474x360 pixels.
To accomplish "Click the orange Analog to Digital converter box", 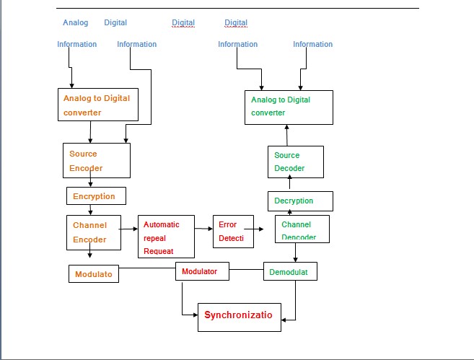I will (97, 105).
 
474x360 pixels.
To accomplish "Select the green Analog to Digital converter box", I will (289, 107).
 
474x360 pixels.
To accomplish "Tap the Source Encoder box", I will (96, 160).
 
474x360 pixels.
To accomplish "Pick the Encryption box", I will (95, 196).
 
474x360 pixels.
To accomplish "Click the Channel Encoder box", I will (92, 232).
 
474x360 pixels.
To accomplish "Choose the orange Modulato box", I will (95, 274).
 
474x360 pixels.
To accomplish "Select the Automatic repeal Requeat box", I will (167, 236).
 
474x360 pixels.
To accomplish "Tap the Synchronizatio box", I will (240, 317).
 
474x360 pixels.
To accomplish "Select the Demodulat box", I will (290, 271).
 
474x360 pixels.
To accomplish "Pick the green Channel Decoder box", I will (302, 229).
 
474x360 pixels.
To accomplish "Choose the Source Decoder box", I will (294, 162).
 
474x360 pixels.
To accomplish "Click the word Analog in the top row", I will (75, 22).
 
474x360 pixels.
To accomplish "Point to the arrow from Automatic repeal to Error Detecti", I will (203, 229).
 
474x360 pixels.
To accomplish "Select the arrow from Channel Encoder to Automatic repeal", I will (128, 229).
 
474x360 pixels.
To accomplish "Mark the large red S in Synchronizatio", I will (208, 315).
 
